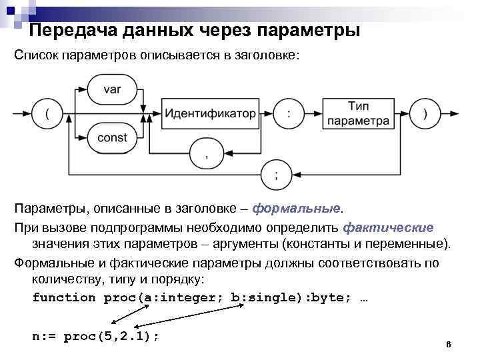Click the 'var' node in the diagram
[x=112, y=89]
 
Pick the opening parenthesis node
[x=47, y=114]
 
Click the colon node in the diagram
[x=288, y=114]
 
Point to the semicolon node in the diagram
[x=277, y=175]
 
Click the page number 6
[x=448, y=345]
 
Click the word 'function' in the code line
[x=64, y=297]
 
